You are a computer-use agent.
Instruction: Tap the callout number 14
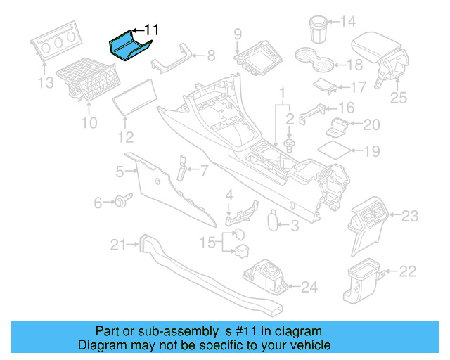coord(348,22)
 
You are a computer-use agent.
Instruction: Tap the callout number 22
coord(408,271)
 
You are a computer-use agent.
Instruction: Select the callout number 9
coord(238,34)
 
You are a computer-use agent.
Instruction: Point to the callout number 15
coord(208,243)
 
